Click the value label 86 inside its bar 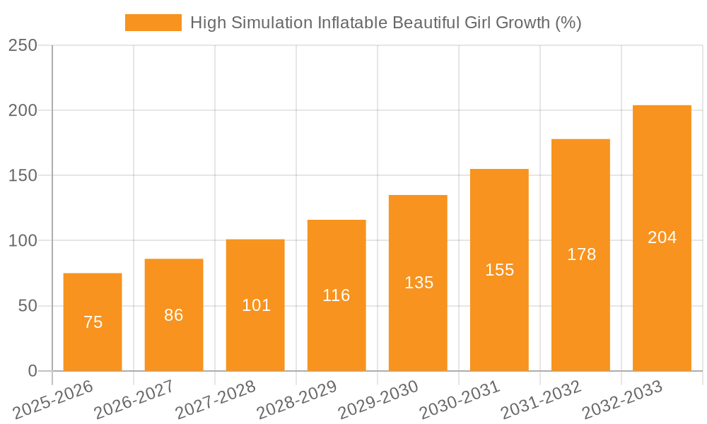click(174, 315)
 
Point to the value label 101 click(256, 305)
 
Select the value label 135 click(419, 283)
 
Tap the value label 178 click(581, 254)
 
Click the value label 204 click(662, 237)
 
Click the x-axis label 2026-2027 click(134, 399)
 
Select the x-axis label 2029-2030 click(378, 399)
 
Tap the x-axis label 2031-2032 click(541, 399)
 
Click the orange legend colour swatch click(153, 23)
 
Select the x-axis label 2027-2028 click(216, 399)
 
